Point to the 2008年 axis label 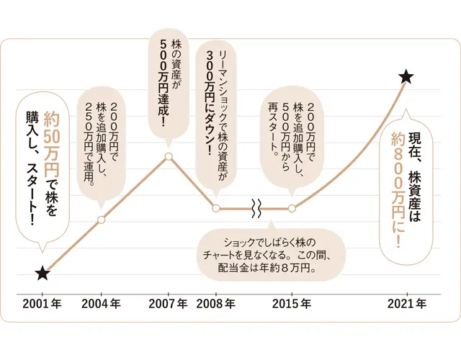click(x=216, y=304)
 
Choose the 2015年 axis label click(x=292, y=304)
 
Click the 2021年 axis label click(x=407, y=304)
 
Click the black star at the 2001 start click(x=42, y=273)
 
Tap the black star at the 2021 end click(x=407, y=76)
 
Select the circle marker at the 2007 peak click(x=168, y=156)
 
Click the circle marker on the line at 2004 click(x=101, y=220)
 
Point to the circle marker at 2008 click(x=216, y=209)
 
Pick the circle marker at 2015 click(x=292, y=209)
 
